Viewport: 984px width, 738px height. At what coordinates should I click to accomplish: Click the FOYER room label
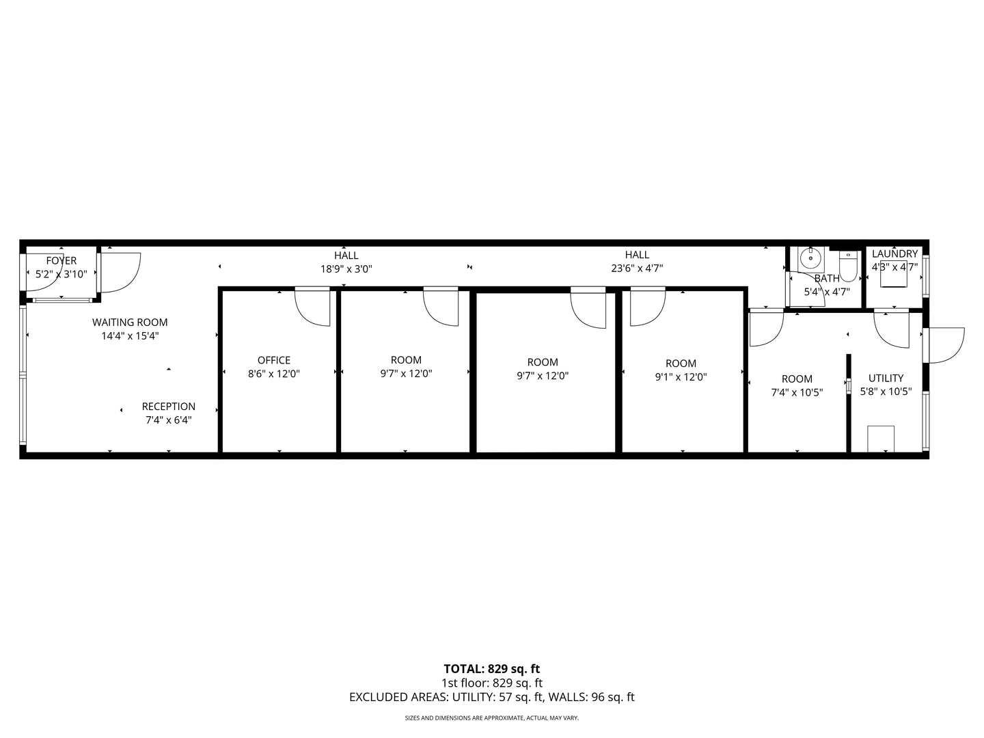(61, 260)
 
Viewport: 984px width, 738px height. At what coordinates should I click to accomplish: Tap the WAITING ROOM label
(130, 323)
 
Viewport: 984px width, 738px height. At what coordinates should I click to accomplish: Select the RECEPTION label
(169, 407)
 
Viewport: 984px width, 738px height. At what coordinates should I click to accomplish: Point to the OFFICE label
(274, 360)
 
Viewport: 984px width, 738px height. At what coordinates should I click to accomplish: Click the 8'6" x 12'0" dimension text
(274, 374)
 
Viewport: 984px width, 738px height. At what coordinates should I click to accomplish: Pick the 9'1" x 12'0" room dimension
(681, 377)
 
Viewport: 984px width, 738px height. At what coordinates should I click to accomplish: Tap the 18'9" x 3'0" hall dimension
(346, 269)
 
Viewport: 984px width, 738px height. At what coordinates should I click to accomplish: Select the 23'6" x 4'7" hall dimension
(637, 269)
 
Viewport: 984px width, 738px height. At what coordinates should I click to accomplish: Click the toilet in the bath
(848, 266)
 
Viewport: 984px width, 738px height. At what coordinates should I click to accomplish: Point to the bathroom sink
(811, 258)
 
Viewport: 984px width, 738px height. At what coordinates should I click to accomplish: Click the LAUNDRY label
(894, 254)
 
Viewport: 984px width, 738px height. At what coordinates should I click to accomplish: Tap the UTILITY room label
(886, 378)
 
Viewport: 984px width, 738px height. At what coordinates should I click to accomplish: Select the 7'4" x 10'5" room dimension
(797, 392)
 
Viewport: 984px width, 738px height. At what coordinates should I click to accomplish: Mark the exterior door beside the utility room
(943, 345)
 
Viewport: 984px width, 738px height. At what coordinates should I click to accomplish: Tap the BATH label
(827, 279)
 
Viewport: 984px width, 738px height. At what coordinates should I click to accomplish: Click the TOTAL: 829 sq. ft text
(492, 669)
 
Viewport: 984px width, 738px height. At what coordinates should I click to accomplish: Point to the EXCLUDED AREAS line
(492, 697)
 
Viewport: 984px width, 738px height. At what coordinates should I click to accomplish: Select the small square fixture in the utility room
(881, 438)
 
